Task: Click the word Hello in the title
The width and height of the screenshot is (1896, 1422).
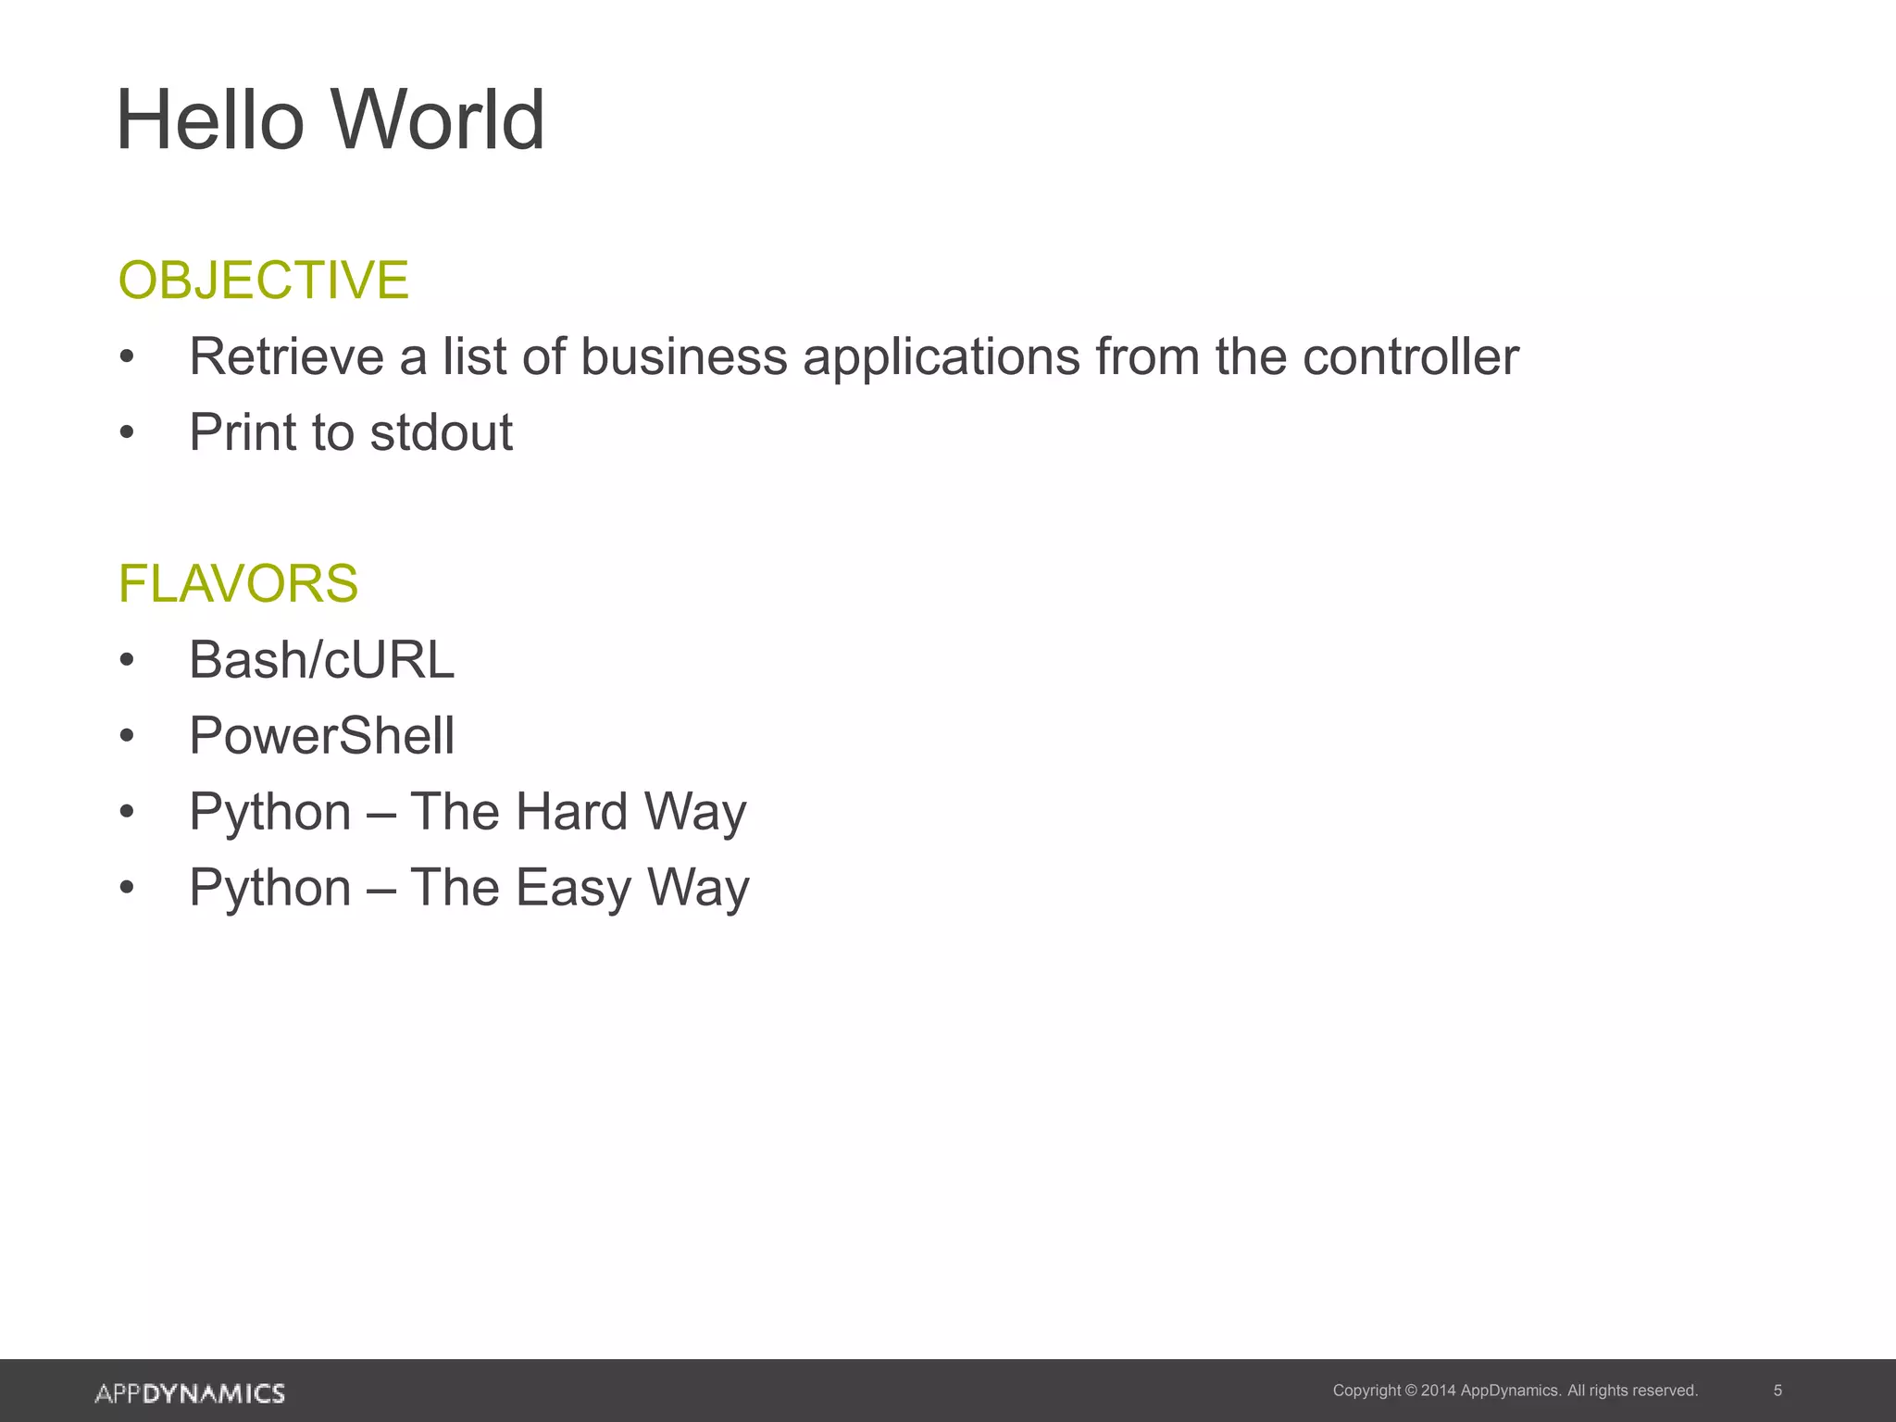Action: (210, 120)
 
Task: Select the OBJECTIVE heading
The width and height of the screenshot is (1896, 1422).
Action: (263, 280)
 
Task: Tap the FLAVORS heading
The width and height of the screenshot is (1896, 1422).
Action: (238, 583)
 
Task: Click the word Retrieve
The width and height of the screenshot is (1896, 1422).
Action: (286, 356)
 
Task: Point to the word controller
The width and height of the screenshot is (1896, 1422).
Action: (1410, 356)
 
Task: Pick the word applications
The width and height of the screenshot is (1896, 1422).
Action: (941, 358)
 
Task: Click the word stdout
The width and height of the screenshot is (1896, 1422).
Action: (441, 432)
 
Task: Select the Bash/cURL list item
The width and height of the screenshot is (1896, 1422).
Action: (321, 660)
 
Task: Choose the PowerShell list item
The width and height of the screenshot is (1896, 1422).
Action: (321, 736)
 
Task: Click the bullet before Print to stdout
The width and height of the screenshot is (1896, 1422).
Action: (128, 433)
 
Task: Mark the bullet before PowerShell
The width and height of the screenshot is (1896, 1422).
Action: (128, 737)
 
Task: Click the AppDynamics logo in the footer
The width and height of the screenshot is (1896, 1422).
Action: (190, 1393)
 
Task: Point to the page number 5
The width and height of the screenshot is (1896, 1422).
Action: (1777, 1391)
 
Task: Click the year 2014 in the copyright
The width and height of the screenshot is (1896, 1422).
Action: (1438, 1391)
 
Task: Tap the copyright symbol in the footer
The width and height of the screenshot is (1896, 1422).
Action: (1411, 1391)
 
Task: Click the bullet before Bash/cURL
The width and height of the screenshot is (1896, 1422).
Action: (128, 661)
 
